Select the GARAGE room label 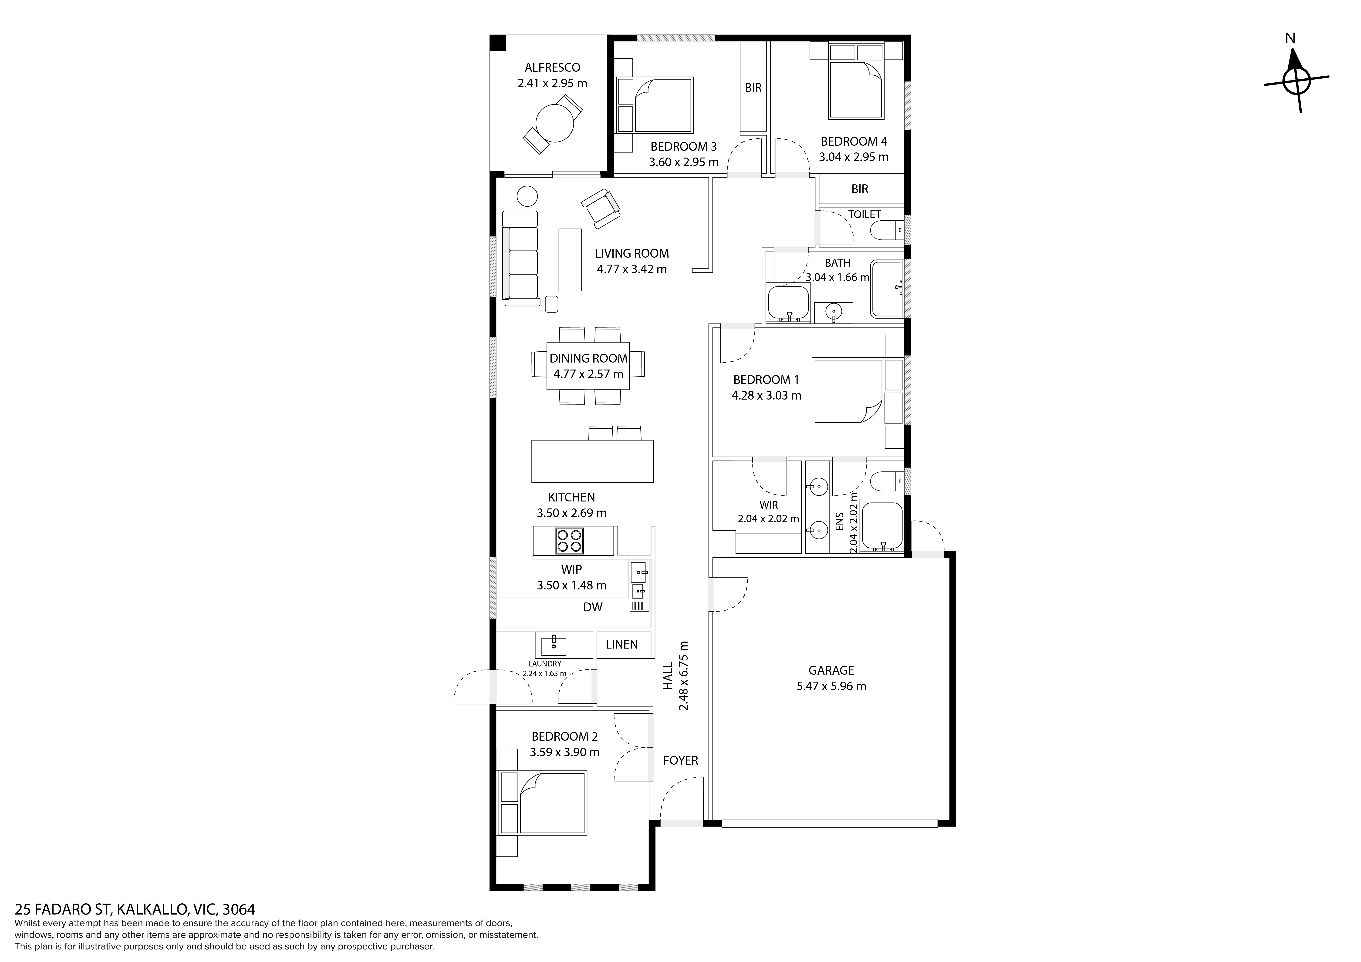tap(831, 670)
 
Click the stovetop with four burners tap(569, 541)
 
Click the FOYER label tap(681, 760)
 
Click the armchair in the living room tap(601, 208)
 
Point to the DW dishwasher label tap(593, 607)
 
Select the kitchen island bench tap(592, 461)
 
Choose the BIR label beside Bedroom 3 tap(753, 88)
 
